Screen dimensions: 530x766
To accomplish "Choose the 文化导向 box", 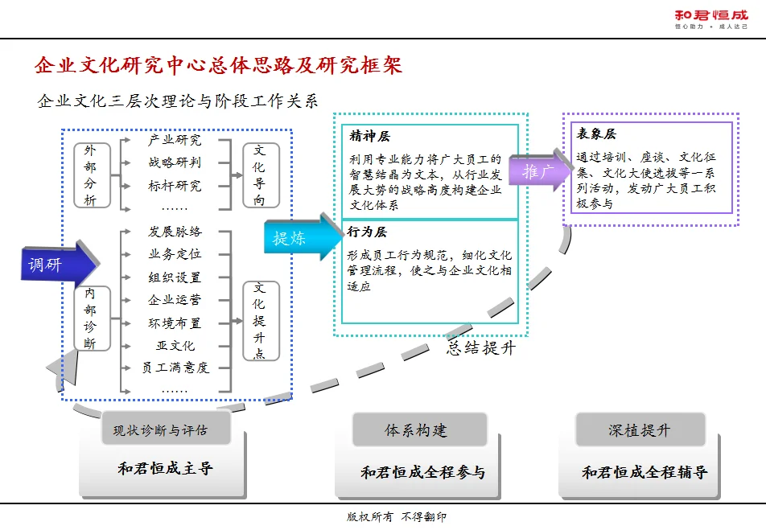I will click(260, 175).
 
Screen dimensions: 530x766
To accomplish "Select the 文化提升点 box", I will click(260, 320).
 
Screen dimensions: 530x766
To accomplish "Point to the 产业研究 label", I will click(175, 140).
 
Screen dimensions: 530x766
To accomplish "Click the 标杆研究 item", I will click(175, 186).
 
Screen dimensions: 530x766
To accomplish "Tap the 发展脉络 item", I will click(175, 232).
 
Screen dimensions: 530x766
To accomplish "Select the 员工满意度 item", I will click(175, 368).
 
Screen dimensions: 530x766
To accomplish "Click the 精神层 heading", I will click(370, 137).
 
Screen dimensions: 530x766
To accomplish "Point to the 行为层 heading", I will click(368, 232).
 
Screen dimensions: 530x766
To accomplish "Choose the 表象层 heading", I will click(596, 134).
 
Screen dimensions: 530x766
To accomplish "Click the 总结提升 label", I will click(481, 349).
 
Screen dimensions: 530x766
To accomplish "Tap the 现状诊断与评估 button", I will click(160, 430).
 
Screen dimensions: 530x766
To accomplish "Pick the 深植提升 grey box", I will click(640, 430).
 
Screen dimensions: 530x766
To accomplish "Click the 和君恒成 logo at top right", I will click(710, 18).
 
